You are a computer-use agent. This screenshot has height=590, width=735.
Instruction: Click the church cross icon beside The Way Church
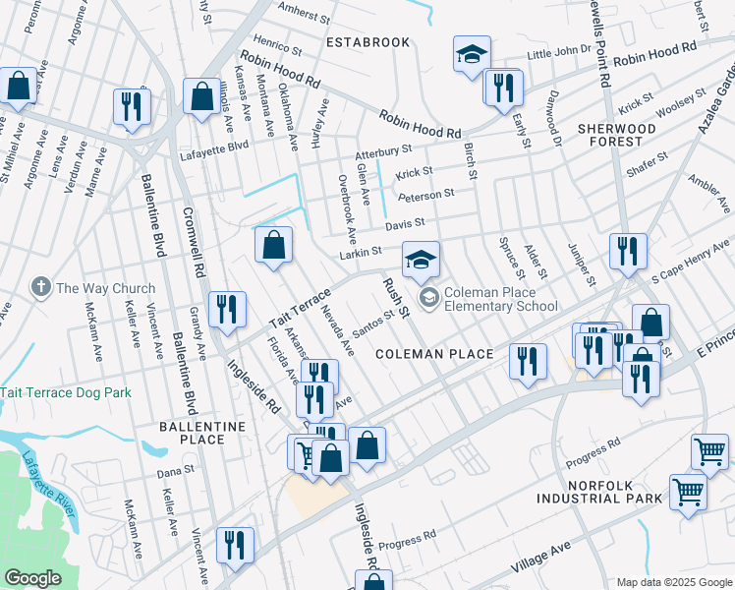tap(40, 287)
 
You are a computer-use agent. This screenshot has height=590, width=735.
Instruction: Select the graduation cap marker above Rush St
tap(421, 261)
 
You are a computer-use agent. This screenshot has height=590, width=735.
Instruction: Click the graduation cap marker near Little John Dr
tap(472, 54)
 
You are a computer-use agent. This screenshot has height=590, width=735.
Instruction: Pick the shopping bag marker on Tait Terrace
tap(274, 246)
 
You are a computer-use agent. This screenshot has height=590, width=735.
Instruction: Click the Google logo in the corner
tap(32, 577)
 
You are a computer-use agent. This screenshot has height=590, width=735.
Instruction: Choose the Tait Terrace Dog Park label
tap(66, 392)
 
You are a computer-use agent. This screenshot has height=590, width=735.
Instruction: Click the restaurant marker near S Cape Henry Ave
tap(627, 252)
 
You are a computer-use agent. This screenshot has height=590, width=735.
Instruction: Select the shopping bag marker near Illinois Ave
tap(201, 97)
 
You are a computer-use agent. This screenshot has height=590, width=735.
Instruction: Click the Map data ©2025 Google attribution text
tap(673, 581)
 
